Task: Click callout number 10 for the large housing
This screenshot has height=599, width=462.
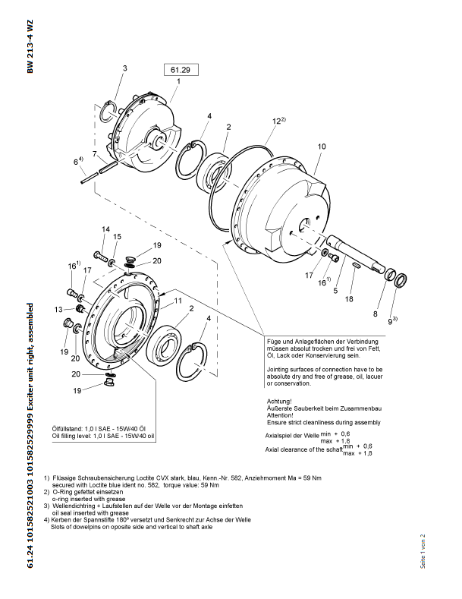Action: (322, 147)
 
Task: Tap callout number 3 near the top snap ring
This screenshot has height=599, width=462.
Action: (124, 68)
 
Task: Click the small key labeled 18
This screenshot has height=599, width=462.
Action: (357, 265)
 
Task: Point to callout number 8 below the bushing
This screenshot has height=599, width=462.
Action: (376, 314)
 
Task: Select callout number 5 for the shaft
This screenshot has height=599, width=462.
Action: (335, 291)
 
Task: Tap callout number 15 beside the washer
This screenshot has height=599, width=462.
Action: (117, 236)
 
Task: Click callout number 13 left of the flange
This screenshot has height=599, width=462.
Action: (58, 310)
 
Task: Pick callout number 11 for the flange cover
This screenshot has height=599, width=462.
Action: (178, 301)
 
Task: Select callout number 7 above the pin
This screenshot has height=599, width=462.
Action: (95, 153)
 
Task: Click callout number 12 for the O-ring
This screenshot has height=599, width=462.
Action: (277, 121)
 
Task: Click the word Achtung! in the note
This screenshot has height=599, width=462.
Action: (279, 401)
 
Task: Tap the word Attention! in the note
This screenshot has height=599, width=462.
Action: (280, 415)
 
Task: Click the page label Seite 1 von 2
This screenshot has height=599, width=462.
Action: (423, 551)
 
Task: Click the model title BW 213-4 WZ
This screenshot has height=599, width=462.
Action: (30, 46)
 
